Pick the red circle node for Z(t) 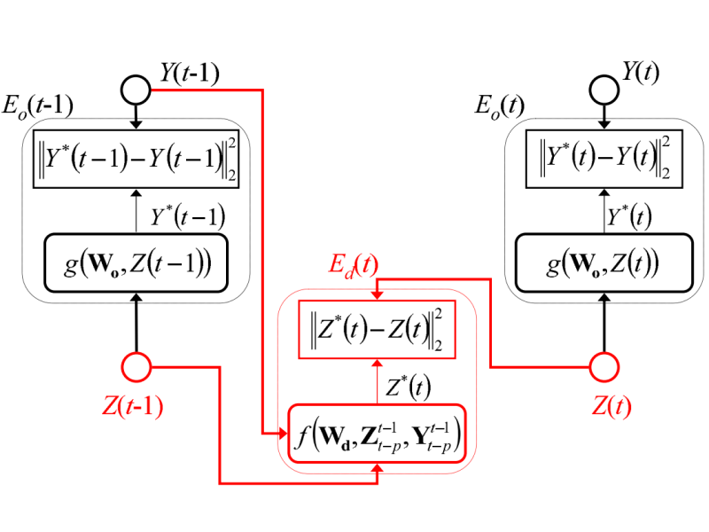604,364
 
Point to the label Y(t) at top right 641,74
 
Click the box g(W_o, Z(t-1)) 135,262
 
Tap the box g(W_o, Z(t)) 604,262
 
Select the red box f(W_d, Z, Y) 378,433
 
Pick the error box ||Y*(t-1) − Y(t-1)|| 135,160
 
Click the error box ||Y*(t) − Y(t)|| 604,160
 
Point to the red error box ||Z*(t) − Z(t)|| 378,332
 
